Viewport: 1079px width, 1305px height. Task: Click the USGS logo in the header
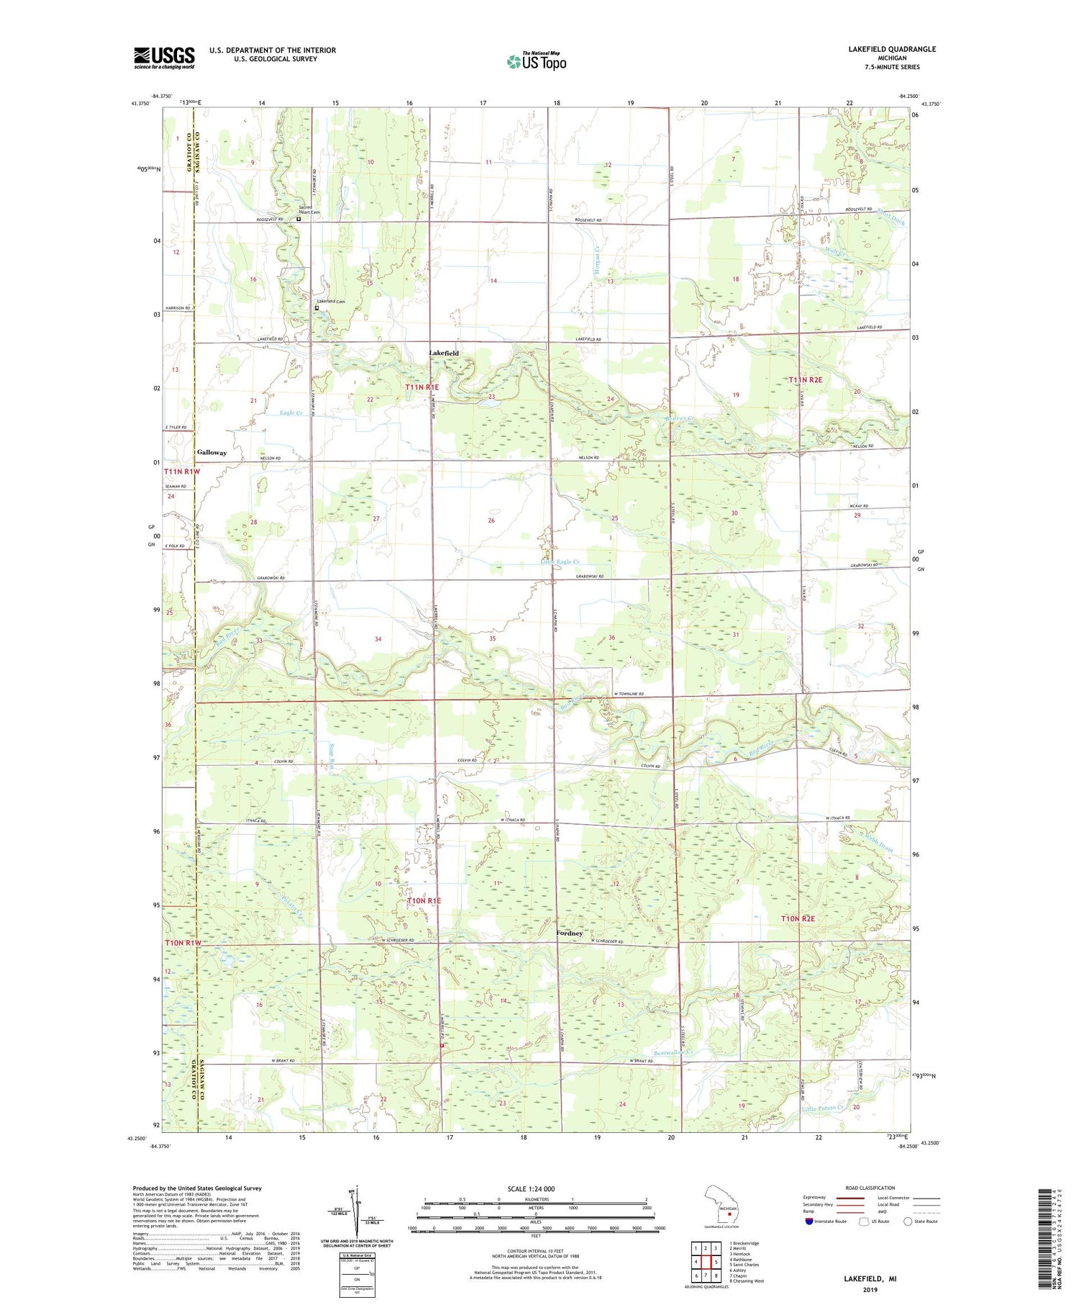pos(164,58)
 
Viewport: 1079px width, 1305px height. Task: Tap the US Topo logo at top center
pos(536,61)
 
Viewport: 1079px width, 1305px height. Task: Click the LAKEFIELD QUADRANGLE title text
pos(892,49)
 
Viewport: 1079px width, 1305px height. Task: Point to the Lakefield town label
pos(444,353)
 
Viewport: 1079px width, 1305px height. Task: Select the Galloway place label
pos(211,453)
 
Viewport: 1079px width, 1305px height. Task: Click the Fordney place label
pos(569,933)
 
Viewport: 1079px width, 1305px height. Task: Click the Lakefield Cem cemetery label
pos(332,302)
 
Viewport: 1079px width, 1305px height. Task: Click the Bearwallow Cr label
pos(673,1052)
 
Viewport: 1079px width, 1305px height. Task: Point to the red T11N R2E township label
pos(810,379)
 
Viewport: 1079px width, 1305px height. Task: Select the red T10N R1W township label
pos(184,942)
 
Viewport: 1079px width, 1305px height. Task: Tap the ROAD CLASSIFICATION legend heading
pos(870,1188)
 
